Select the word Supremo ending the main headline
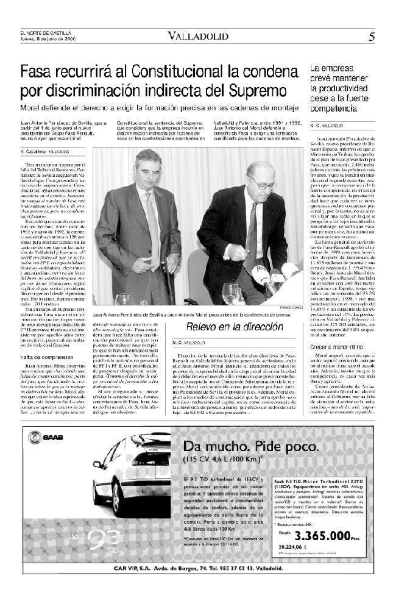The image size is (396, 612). click(244, 92)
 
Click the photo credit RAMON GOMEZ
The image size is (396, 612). click(292, 308)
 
